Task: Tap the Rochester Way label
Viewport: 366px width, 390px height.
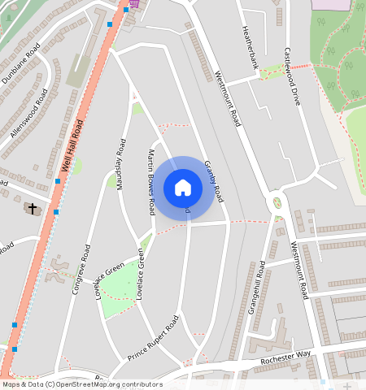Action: click(287, 358)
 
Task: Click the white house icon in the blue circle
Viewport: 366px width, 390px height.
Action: click(183, 188)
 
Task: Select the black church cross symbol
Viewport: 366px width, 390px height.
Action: click(33, 209)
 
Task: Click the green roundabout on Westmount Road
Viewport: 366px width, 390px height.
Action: click(277, 202)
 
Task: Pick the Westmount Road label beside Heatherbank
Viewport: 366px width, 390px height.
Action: click(227, 98)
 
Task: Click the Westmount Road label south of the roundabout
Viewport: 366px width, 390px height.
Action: click(298, 269)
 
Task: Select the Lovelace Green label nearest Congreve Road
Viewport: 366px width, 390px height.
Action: click(109, 278)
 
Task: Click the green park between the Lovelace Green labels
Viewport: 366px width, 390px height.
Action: click(121, 284)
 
